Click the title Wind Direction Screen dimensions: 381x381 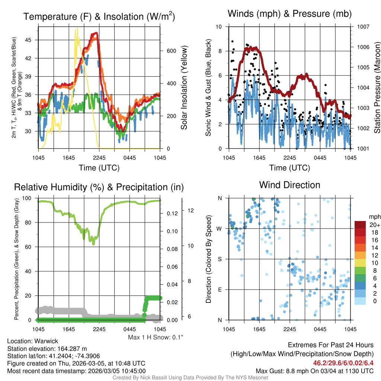[x=289, y=185]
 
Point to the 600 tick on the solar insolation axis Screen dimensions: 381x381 [x=171, y=51]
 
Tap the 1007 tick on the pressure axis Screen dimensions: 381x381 [x=363, y=27]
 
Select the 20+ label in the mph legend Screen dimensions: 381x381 [x=375, y=225]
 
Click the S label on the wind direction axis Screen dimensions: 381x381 [x=220, y=259]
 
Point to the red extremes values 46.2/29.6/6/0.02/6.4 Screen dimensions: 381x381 [x=343, y=363]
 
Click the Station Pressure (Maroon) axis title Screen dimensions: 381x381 [x=377, y=88]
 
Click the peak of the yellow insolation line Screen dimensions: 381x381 [x=77, y=28]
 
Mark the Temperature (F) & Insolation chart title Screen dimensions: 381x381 [x=99, y=17]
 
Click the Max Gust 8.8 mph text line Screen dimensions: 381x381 [x=314, y=371]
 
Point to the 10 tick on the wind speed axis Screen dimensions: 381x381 [x=220, y=27]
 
